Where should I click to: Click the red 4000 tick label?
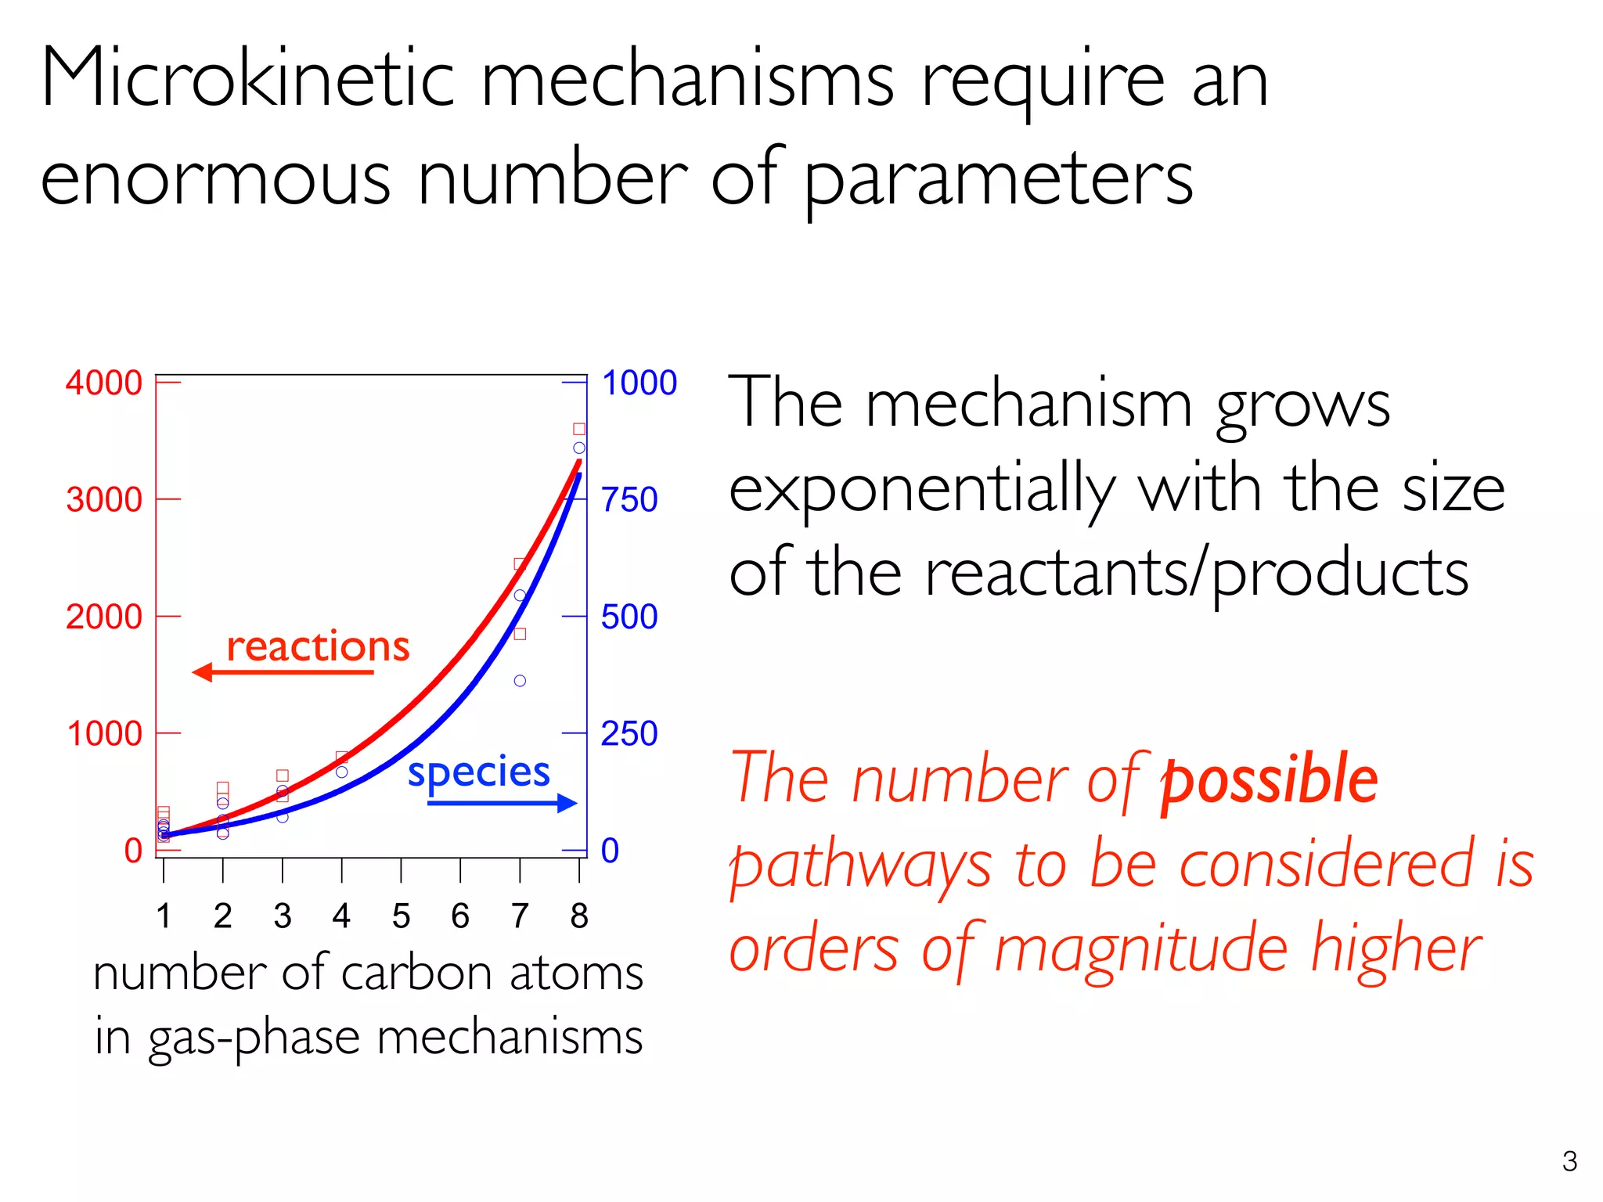pos(103,383)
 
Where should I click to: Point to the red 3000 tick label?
pos(103,499)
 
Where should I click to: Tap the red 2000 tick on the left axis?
pos(103,617)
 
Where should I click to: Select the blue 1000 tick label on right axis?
pos(639,383)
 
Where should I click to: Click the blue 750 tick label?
pos(629,499)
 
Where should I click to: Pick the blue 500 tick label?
pos(629,617)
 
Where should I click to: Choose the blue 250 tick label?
pos(629,734)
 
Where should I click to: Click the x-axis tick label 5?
pos(401,916)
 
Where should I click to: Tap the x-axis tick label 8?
pos(578,916)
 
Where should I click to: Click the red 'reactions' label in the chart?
pos(318,646)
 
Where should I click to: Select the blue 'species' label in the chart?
pos(478,773)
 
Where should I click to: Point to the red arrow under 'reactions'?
pos(282,672)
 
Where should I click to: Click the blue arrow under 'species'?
pos(502,803)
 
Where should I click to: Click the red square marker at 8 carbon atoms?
pos(579,429)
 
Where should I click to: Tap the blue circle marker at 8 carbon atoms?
pos(579,448)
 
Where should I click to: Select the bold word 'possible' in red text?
pos(1269,779)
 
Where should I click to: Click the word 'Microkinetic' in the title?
pos(247,78)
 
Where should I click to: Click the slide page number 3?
pos(1569,1161)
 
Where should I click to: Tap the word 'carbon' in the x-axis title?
pos(421,974)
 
